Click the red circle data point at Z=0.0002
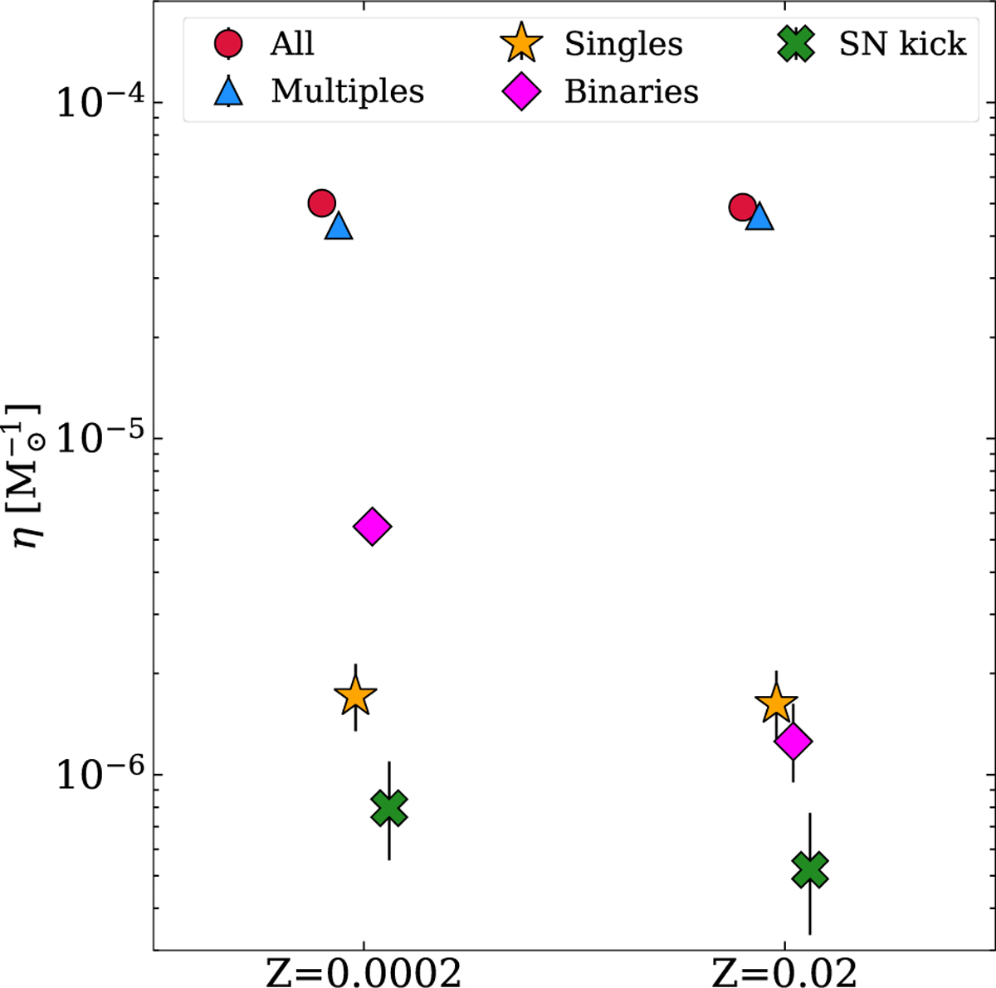coord(321,202)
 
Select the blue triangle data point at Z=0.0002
coord(339,226)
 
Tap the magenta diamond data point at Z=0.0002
coord(372,526)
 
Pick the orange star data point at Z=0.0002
coord(355,697)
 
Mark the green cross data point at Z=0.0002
coord(389,808)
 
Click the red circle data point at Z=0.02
coord(742,207)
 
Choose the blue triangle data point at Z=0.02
coord(759,217)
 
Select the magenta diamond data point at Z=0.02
coord(793,741)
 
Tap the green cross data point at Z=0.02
coord(810,869)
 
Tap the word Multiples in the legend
coord(347,91)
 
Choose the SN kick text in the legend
coord(902,44)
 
